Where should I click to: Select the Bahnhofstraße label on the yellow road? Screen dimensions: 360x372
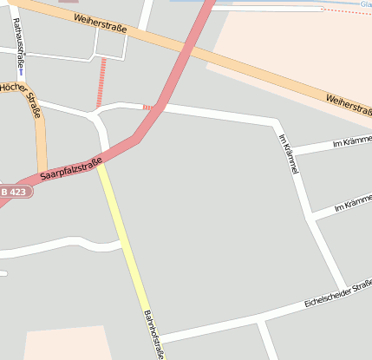click(x=153, y=334)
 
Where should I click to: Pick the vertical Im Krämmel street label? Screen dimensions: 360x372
click(x=289, y=154)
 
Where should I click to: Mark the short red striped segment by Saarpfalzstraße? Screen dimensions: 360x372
click(x=148, y=108)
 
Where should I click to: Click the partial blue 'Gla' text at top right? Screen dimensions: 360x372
click(x=366, y=3)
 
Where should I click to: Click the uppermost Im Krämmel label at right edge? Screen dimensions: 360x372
click(x=351, y=141)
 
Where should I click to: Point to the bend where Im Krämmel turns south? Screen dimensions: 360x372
click(x=276, y=124)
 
